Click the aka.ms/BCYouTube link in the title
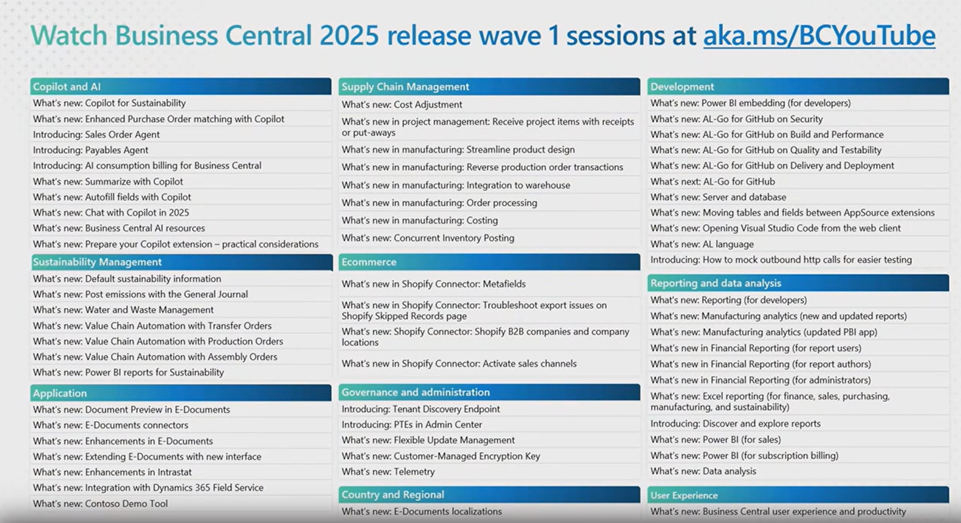[x=819, y=35]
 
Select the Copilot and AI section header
[x=66, y=87]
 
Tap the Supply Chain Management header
[x=405, y=87]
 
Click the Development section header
[x=682, y=87]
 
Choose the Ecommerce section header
[x=369, y=262]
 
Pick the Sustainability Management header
[x=97, y=262]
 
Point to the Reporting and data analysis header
[x=715, y=283]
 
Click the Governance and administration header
[x=415, y=392]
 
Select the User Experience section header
[x=684, y=495]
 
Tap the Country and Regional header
[x=392, y=494]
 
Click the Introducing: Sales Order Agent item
[x=96, y=135]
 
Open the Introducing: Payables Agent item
[x=91, y=150]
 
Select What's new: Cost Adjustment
[x=402, y=105]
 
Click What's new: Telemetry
[x=388, y=472]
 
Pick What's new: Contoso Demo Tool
[x=100, y=504]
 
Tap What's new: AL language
[x=702, y=244]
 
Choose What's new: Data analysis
[x=703, y=472]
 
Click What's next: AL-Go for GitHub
[x=712, y=182]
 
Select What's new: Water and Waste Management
[x=123, y=310]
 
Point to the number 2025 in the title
[x=349, y=35]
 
